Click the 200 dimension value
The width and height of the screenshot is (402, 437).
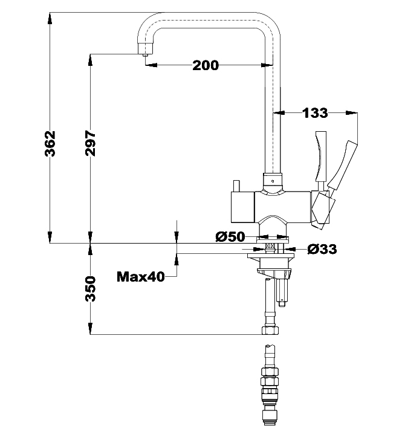[206, 65]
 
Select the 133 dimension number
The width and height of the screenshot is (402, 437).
[315, 112]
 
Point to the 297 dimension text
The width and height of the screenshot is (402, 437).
[91, 143]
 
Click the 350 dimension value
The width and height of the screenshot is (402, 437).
[91, 290]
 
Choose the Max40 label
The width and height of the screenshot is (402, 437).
[141, 277]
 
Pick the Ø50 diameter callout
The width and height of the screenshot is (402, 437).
[230, 236]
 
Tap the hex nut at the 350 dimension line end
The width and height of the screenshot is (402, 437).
[269, 331]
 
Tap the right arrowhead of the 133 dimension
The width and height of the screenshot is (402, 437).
[351, 112]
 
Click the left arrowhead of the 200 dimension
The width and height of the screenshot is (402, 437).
[149, 65]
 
